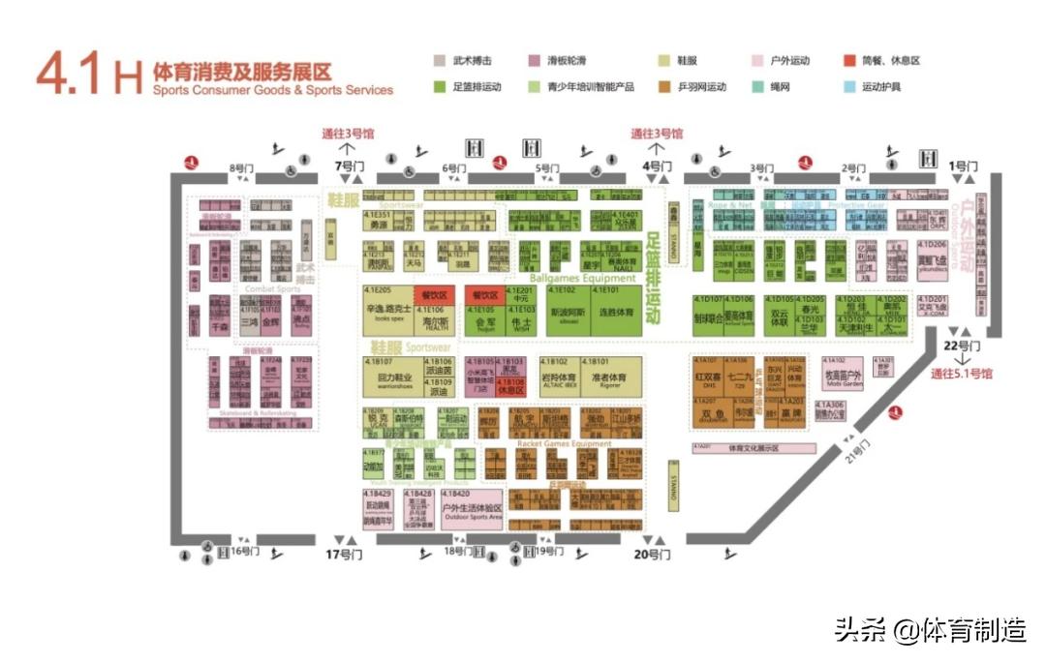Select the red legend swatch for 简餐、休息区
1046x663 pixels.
849,60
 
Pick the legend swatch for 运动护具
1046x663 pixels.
849,86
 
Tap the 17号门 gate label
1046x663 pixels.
344,555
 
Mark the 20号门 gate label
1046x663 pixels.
653,555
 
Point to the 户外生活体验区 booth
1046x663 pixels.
472,510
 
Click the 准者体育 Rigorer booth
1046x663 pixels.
608,377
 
